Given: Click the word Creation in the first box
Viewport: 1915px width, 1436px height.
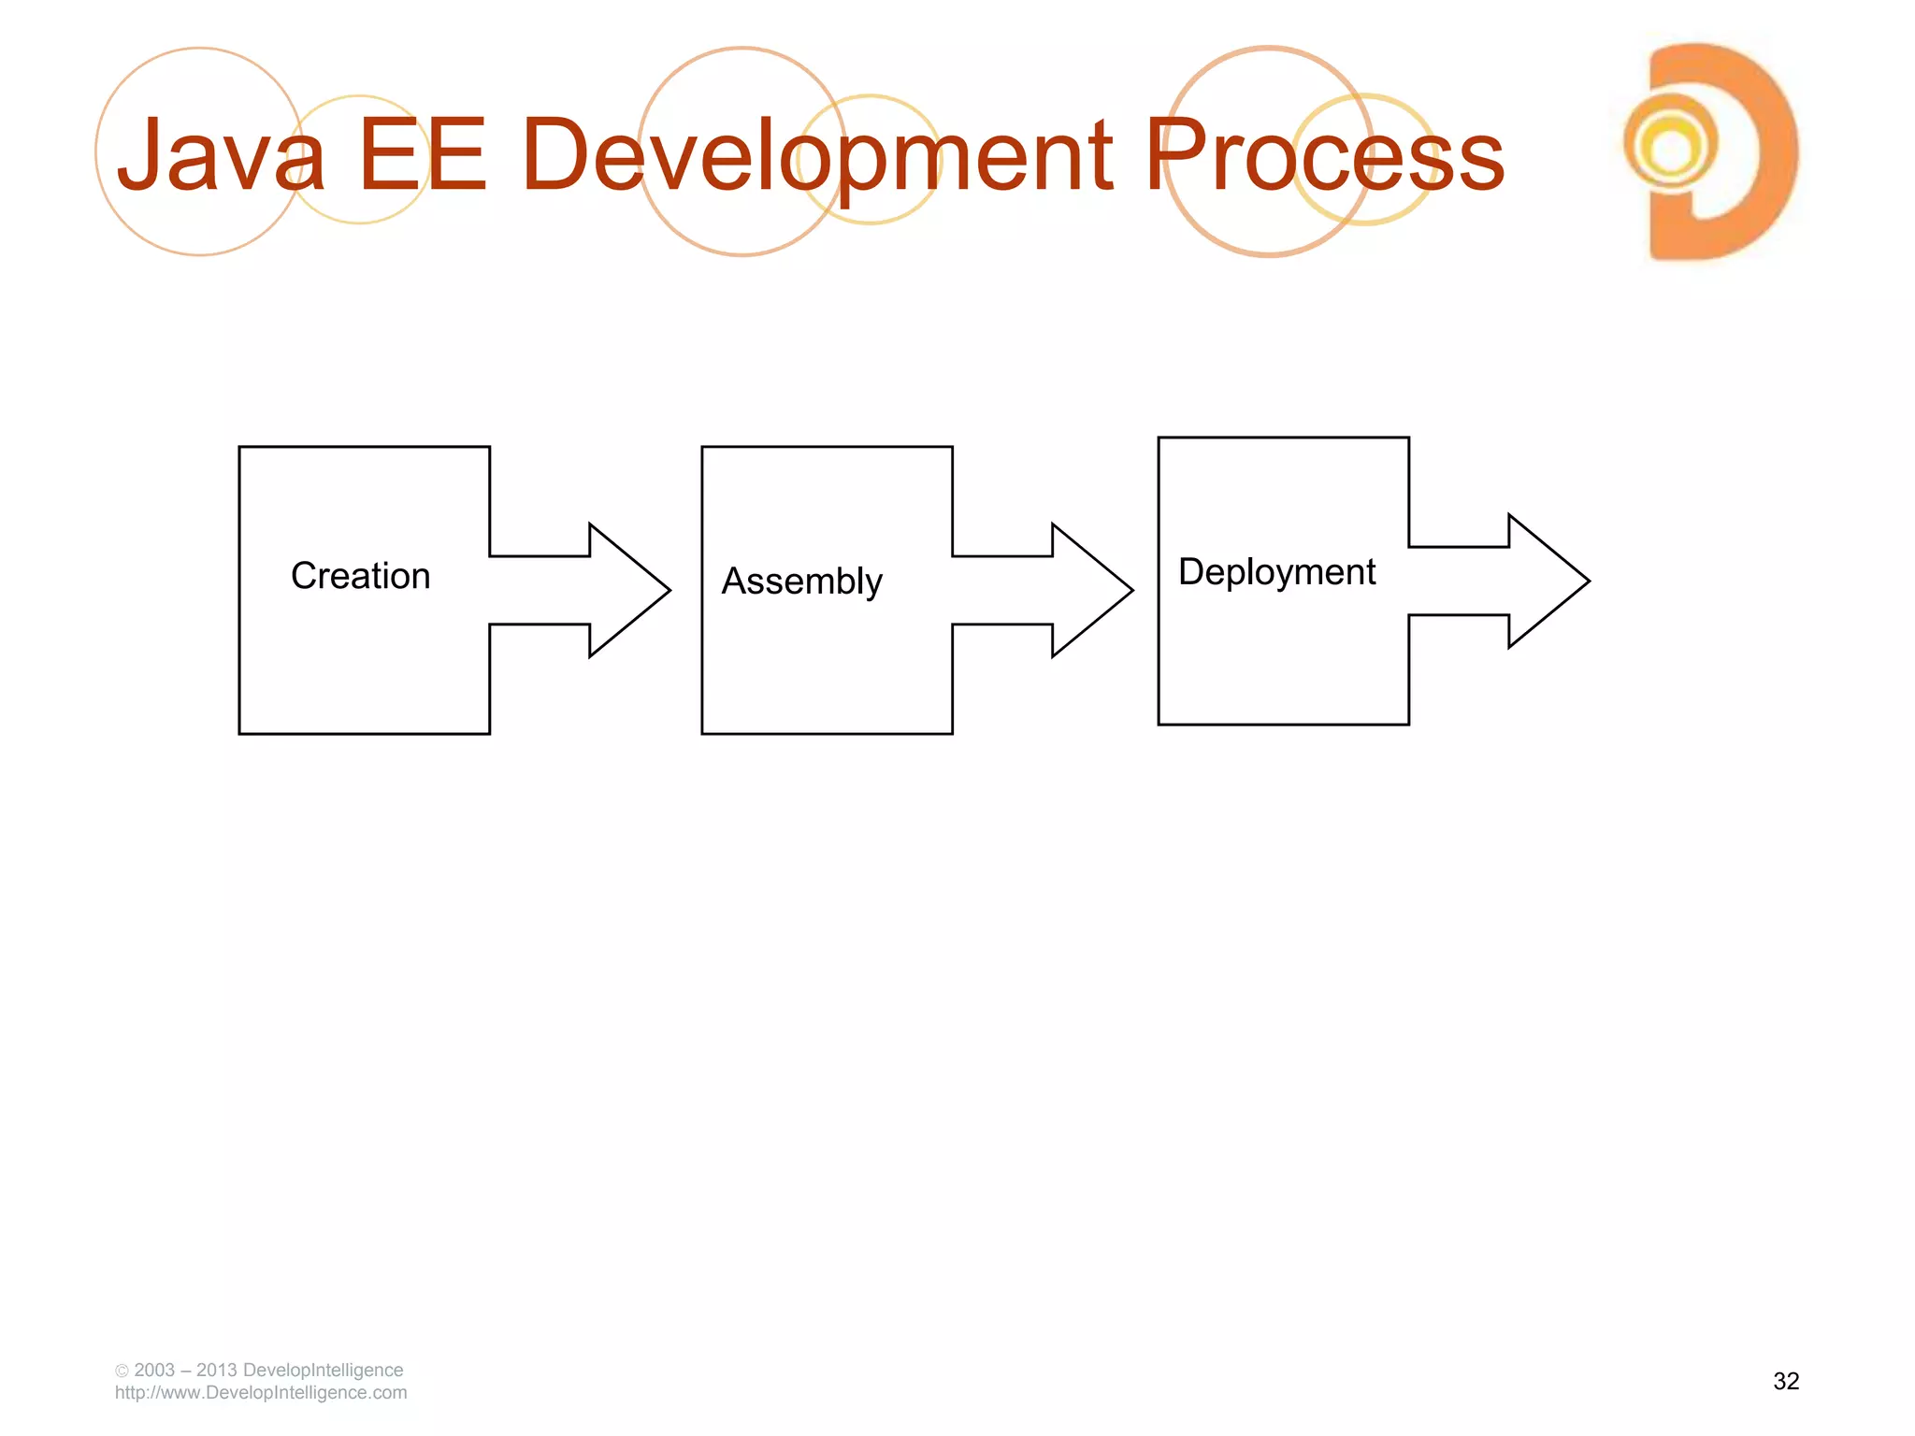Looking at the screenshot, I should tap(360, 576).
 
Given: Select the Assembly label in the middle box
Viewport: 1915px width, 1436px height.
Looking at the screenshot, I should tap(801, 582).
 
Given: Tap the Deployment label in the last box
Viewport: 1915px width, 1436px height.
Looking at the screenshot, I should tap(1276, 572).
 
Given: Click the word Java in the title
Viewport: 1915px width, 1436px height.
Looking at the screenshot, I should tap(221, 155).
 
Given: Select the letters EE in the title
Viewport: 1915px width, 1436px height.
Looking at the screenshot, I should tap(422, 155).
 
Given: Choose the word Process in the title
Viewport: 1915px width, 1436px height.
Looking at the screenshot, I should tap(1324, 155).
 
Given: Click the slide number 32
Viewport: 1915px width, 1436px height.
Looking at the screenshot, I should tap(1785, 1381).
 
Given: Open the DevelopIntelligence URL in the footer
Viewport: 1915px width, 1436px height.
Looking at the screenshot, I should tap(261, 1393).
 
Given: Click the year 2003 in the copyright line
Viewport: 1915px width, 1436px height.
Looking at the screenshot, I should tap(154, 1370).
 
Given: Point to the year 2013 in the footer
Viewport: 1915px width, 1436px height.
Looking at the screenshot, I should tap(216, 1370).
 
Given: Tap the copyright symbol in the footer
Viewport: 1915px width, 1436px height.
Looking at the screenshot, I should tap(122, 1371).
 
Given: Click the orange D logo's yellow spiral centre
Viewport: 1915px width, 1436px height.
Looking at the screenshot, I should tap(1670, 148).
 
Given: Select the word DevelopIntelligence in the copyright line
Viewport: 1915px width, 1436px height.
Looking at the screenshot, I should tap(323, 1370).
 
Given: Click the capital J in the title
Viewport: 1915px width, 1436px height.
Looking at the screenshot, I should tap(141, 155).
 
